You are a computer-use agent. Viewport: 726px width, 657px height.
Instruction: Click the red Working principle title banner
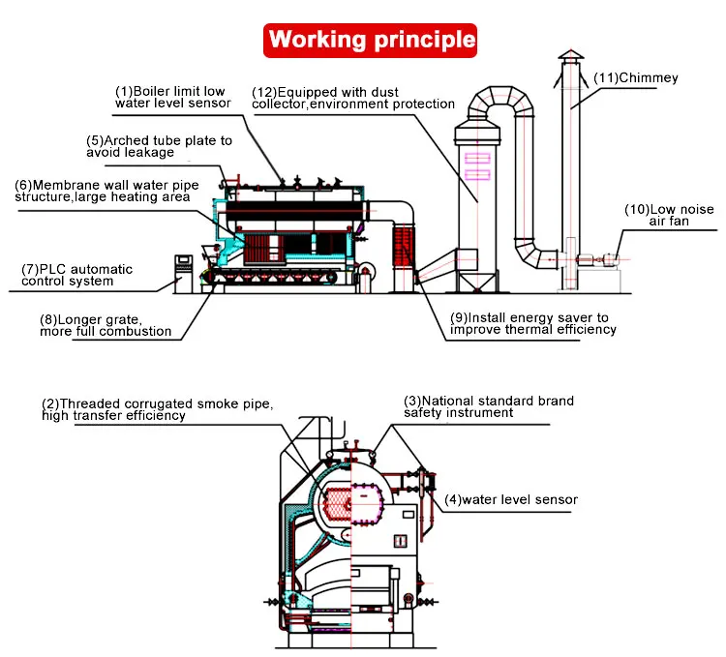coord(372,40)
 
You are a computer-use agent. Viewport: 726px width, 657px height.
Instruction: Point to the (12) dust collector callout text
coord(353,98)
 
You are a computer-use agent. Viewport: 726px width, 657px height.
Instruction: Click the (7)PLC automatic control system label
coord(77,275)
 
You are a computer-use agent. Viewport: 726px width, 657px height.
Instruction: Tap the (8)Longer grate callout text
coord(106,325)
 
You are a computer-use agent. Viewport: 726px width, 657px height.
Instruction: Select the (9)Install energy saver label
coord(532,323)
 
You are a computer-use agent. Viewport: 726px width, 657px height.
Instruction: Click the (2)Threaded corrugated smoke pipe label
coord(165,408)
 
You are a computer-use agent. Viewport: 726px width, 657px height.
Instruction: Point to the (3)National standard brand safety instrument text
coord(489,405)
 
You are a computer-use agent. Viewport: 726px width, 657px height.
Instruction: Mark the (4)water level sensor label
coord(511,500)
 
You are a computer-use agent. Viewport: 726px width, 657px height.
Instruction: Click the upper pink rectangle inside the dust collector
coord(479,157)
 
